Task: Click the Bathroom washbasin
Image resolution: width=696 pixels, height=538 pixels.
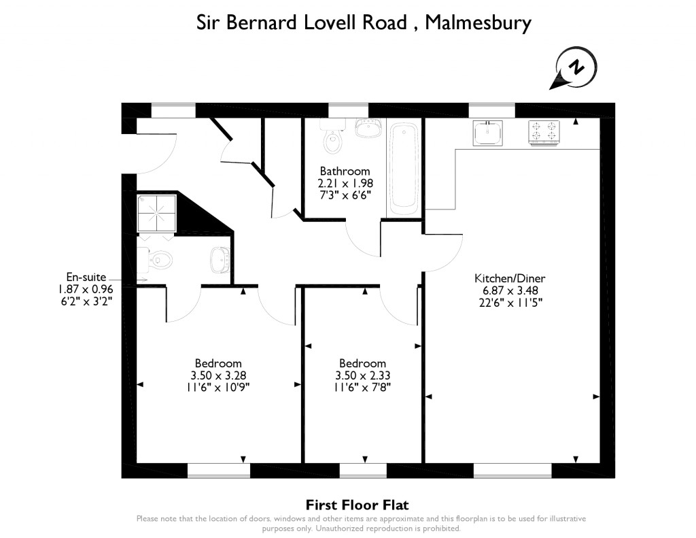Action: [368, 127]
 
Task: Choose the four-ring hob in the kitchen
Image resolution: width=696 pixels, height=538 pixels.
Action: [544, 133]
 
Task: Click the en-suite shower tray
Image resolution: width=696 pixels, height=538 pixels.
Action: [157, 212]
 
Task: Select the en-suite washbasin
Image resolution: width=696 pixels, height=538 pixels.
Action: [219, 258]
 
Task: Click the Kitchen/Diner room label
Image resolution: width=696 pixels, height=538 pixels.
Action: [510, 278]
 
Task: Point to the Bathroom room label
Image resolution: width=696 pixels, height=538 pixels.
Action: [345, 171]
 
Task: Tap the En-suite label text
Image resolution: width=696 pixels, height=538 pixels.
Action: [85, 277]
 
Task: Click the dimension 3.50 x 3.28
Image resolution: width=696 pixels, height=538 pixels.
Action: [218, 375]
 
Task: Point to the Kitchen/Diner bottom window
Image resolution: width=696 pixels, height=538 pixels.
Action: [512, 470]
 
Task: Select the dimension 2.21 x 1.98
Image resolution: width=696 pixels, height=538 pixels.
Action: [345, 183]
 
